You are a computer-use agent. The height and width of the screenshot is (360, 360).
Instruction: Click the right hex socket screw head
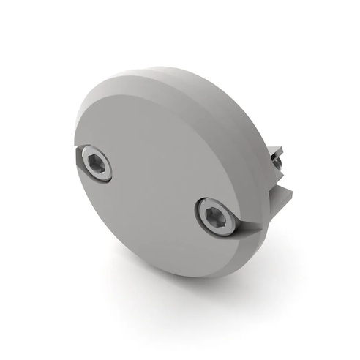(216, 217)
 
